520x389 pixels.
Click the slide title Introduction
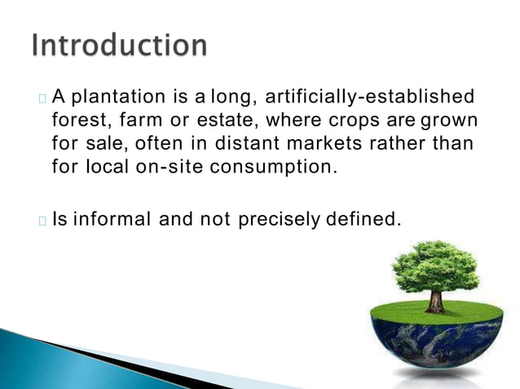[x=119, y=45]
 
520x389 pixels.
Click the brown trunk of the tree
[x=436, y=299]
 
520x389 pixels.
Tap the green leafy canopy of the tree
[x=435, y=264]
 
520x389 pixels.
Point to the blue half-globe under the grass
[x=436, y=342]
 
